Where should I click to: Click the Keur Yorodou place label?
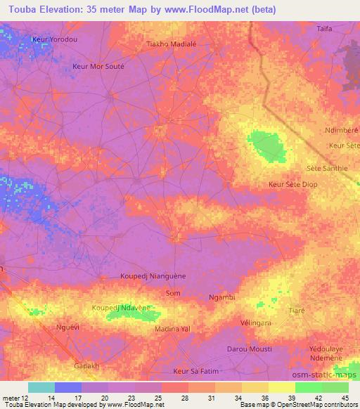pyautogui.click(x=55, y=39)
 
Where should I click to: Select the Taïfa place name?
pyautogui.click(x=324, y=29)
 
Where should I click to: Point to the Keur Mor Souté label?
pyautogui.click(x=98, y=66)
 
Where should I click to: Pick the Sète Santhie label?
pyautogui.click(x=327, y=168)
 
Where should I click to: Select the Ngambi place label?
pyautogui.click(x=222, y=297)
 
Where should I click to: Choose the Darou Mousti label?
pyautogui.click(x=249, y=349)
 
